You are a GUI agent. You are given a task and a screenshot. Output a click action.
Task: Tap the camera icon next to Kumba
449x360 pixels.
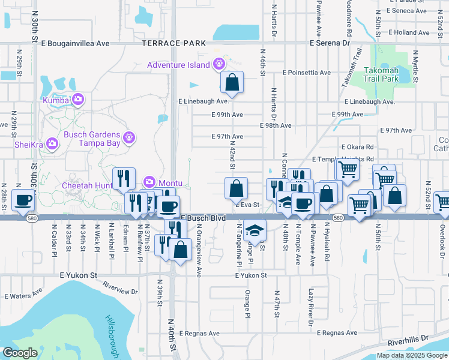pyautogui.click(x=77, y=100)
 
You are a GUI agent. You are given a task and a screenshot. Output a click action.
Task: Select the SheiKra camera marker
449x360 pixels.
pyautogui.click(x=52, y=143)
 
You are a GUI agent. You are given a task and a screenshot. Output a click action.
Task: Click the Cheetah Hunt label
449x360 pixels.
pyautogui.click(x=88, y=186)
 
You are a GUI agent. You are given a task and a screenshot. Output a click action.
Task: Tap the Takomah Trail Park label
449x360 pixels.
pyautogui.click(x=381, y=74)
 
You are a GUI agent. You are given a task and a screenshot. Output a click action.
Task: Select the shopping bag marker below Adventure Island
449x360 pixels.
pyautogui.click(x=232, y=82)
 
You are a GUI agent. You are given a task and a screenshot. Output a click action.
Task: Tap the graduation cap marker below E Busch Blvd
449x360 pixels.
pyautogui.click(x=255, y=230)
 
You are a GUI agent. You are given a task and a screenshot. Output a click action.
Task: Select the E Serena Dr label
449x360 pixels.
pyautogui.click(x=330, y=43)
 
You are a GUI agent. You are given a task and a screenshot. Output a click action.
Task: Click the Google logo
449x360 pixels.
pyautogui.click(x=20, y=353)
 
